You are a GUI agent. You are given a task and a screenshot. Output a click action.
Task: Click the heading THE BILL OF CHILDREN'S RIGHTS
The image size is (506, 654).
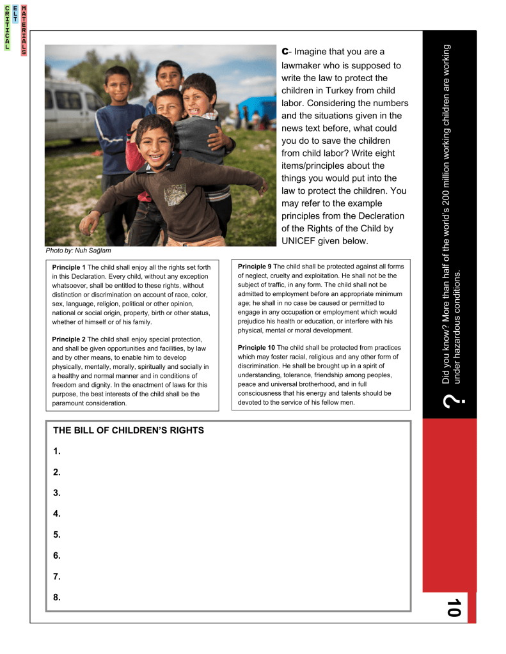[128, 430]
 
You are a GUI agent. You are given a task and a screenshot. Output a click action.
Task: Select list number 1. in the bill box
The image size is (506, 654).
[57, 451]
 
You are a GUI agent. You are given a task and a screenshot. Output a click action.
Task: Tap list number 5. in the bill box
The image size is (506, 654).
[57, 534]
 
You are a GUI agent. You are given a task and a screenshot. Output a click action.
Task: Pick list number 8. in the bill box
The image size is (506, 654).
[57, 597]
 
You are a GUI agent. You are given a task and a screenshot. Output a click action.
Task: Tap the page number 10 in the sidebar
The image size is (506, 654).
[454, 607]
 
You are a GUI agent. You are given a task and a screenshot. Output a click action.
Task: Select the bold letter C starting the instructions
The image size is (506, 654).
[285, 51]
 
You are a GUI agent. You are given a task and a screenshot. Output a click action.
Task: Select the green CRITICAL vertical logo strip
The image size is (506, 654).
[7, 28]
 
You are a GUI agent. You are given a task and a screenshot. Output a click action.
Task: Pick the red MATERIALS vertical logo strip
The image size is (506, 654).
[24, 30]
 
